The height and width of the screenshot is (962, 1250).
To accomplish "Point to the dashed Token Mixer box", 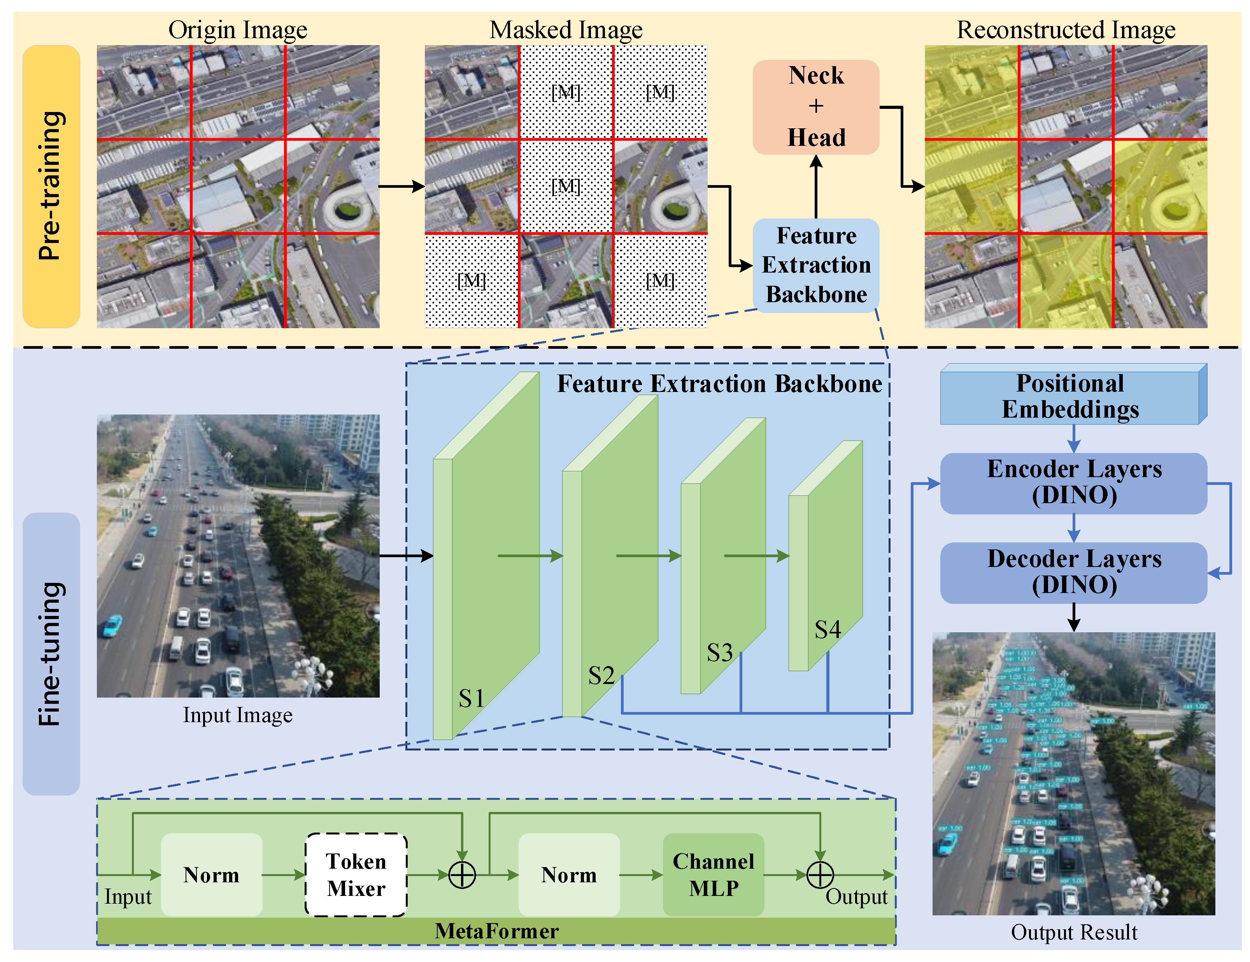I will click(356, 875).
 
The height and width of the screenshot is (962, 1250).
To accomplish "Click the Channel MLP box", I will click(713, 875).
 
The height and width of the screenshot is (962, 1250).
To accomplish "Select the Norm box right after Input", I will click(211, 875).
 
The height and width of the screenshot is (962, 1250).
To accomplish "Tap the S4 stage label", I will click(827, 630).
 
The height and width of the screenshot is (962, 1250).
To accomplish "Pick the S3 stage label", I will click(719, 652).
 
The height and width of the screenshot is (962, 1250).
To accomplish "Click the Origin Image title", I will click(238, 30).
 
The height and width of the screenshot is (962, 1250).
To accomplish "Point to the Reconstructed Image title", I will click(1066, 30).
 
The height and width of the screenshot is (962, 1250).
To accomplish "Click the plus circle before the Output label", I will click(820, 875).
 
